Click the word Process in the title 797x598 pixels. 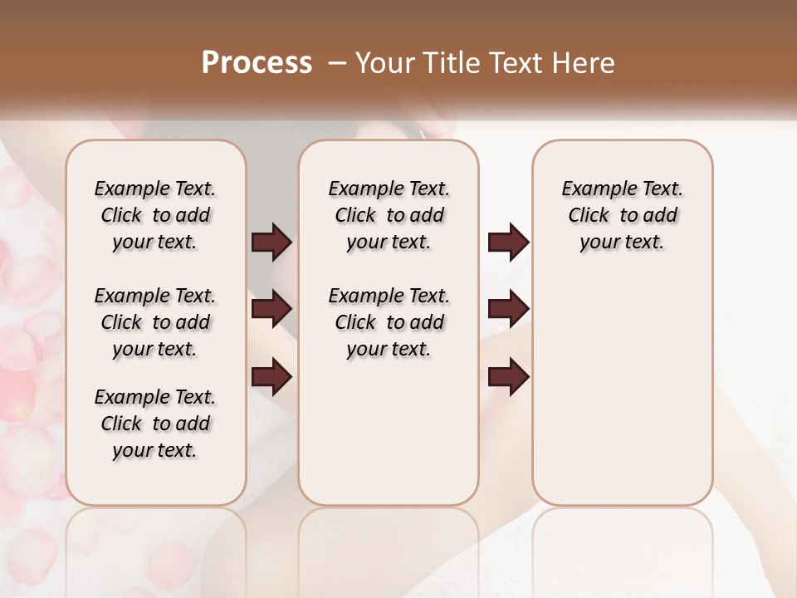click(257, 63)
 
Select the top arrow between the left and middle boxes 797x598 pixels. click(271, 243)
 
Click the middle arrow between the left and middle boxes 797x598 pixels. click(271, 310)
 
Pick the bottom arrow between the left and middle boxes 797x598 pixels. click(271, 378)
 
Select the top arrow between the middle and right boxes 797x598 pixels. click(508, 243)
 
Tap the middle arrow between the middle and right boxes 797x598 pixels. click(508, 310)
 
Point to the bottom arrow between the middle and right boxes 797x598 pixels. click(508, 378)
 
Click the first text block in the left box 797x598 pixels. click(155, 215)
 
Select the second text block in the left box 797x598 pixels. click(155, 322)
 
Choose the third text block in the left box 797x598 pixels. click(155, 424)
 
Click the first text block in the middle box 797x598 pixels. click(389, 215)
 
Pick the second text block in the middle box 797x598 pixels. click(389, 322)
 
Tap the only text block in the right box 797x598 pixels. click(622, 215)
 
